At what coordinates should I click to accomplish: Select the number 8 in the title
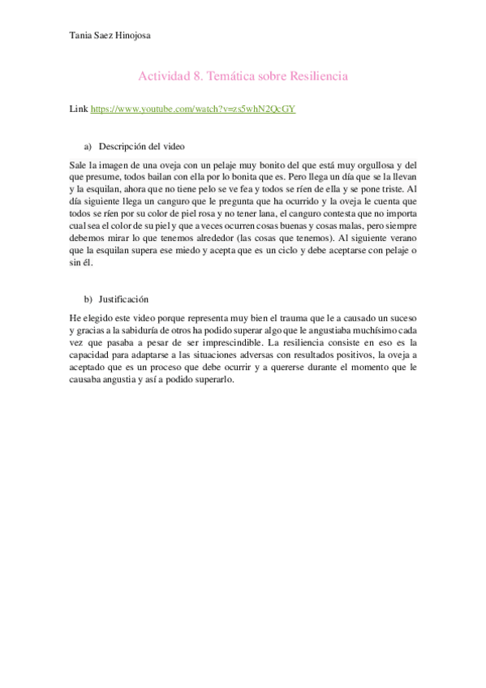click(200, 76)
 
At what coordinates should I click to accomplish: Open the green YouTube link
click(192, 108)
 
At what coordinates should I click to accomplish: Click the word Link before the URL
click(80, 108)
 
